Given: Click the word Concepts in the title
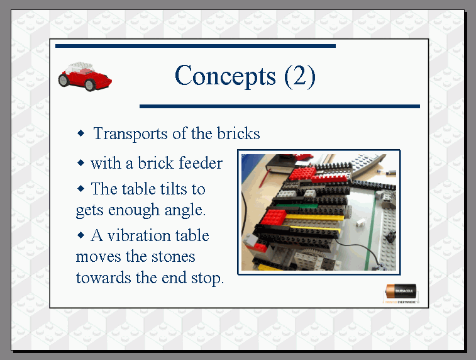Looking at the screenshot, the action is tap(225, 76).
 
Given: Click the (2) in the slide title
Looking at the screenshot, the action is tap(300, 76).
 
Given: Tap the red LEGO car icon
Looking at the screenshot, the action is tap(85, 77).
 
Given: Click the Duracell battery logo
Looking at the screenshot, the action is tap(401, 293).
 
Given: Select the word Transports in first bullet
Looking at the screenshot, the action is tap(131, 133).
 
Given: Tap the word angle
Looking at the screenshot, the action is tap(185, 210).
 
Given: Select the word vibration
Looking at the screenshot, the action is tap(158, 235).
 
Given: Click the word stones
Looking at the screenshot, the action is tap(173, 256).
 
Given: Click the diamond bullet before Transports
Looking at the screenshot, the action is tap(80, 133).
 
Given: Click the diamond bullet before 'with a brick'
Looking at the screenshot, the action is tap(80, 163).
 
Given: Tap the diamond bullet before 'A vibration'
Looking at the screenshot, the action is tap(80, 235).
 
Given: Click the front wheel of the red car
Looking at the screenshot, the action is tap(90, 85).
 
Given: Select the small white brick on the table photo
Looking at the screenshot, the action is tap(360, 223).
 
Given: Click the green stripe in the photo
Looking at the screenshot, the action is tap(370, 231).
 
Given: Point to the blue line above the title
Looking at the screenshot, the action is tap(196, 46).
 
